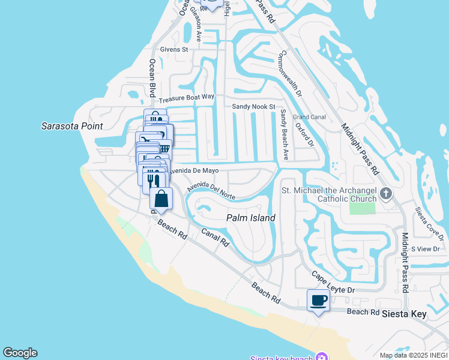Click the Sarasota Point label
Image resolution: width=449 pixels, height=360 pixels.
click(72, 126)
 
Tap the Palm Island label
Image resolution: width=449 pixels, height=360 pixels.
click(250, 218)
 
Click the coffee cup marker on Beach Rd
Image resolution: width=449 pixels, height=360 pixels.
click(318, 299)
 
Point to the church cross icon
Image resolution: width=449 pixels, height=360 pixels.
click(385, 193)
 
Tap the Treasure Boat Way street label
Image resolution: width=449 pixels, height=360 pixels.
click(187, 97)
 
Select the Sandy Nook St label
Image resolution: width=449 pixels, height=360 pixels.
click(253, 106)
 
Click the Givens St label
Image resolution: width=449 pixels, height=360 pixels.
click(173, 49)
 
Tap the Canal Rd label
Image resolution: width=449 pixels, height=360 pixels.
click(215, 238)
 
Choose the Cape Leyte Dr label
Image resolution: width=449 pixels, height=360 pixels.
click(333, 282)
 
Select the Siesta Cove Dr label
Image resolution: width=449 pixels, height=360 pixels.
click(428, 222)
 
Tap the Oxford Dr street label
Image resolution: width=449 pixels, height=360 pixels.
click(305, 134)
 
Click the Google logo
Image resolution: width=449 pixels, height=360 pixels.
click(20, 353)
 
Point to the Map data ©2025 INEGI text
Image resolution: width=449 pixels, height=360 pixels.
click(414, 355)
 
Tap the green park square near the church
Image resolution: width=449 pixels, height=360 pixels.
click(363, 208)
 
